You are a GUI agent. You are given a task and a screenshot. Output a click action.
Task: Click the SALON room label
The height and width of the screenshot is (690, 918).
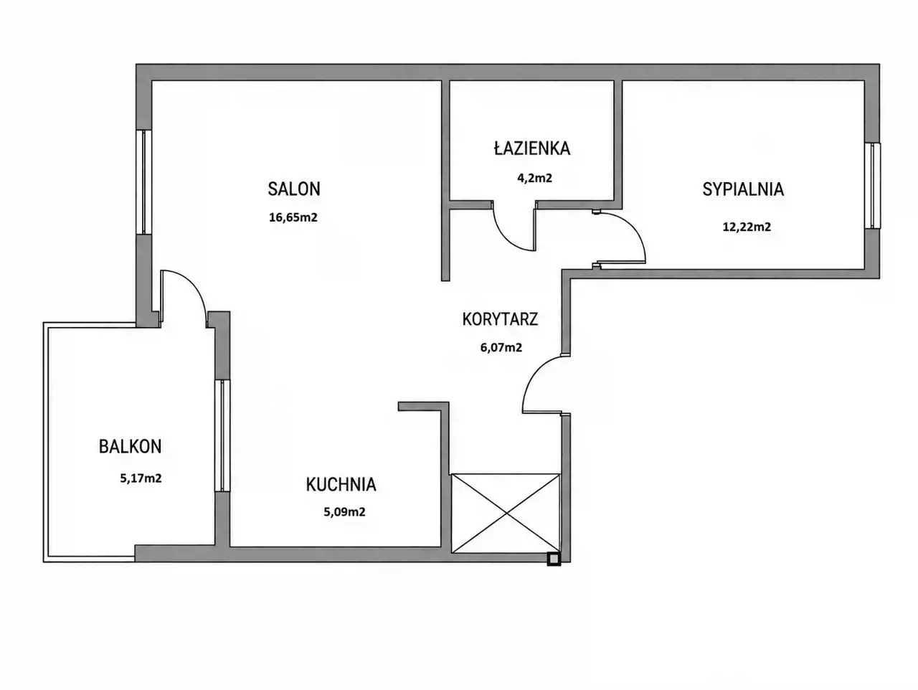[x=294, y=189]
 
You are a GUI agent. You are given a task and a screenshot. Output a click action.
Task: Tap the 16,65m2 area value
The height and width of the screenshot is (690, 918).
[x=293, y=217]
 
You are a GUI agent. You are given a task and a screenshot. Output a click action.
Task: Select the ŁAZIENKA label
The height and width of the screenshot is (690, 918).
[x=532, y=148]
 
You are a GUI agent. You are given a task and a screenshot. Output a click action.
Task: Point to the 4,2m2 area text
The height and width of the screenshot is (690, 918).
[x=534, y=178]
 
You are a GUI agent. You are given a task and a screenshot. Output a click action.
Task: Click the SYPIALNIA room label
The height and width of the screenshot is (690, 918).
[x=743, y=189]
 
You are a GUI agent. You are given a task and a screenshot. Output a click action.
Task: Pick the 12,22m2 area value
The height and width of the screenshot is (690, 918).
[x=747, y=227]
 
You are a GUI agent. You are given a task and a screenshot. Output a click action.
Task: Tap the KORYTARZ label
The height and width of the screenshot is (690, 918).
[x=500, y=319]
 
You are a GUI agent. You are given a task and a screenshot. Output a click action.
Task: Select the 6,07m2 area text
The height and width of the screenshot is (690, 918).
[x=501, y=347]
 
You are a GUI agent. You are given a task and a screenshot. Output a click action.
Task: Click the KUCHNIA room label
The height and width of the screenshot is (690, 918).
[x=341, y=485]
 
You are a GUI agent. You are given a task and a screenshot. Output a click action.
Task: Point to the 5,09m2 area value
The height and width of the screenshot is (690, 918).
[x=344, y=512]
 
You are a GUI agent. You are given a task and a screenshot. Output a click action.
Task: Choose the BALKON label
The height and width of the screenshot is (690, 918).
[x=130, y=447]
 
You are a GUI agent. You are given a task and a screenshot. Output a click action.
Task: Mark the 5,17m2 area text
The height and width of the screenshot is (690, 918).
[x=141, y=478]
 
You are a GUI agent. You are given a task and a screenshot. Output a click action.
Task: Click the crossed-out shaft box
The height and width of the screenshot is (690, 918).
[x=506, y=513]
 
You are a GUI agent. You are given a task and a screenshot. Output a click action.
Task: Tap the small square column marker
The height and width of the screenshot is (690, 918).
[x=554, y=559]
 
